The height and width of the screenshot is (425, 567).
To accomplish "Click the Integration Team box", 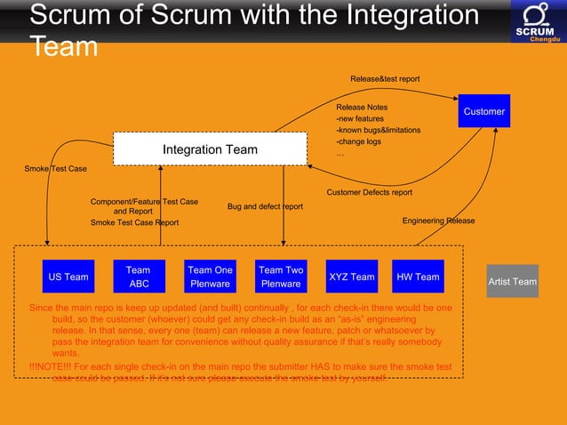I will click(x=210, y=148).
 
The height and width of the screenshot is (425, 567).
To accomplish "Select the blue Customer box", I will click(x=483, y=111).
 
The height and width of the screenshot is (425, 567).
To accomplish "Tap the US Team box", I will click(x=68, y=277).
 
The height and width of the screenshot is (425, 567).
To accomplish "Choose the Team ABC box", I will click(x=139, y=277).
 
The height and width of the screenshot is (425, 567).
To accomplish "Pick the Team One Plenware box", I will click(x=210, y=277).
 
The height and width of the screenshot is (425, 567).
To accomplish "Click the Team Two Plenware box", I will click(x=281, y=277).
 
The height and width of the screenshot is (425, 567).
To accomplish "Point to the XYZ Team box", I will click(x=352, y=277).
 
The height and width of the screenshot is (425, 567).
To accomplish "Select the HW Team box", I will click(x=418, y=277).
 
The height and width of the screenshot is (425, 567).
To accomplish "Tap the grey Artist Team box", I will click(x=512, y=282).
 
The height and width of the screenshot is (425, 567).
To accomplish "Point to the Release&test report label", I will click(x=385, y=79).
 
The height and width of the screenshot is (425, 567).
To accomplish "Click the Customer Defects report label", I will click(x=369, y=192).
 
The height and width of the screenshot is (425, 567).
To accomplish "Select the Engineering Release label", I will click(x=438, y=221).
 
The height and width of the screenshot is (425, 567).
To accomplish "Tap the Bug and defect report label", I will click(x=265, y=206).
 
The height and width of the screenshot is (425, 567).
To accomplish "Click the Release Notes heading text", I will click(x=362, y=107).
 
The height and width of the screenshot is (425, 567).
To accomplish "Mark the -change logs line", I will click(x=358, y=141).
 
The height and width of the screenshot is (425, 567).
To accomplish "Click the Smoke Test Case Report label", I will click(x=134, y=223).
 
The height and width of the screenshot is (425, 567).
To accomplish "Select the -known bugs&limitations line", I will click(x=378, y=130).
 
